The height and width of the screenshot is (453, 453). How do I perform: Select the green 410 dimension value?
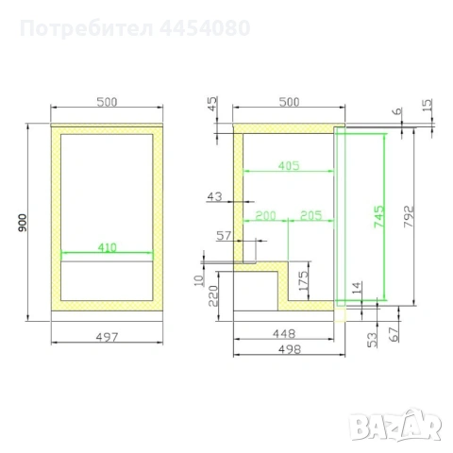tap(107, 247)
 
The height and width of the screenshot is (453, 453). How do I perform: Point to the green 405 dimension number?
tap(289, 166)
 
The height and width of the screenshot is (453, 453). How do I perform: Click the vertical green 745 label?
tap(377, 220)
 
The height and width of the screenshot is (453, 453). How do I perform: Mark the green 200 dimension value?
tap(266, 216)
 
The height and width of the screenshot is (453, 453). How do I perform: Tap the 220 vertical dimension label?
tap(214, 294)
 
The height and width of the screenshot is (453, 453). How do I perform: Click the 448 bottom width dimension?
tap(282, 332)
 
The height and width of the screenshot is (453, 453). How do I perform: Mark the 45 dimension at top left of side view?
tap(213, 104)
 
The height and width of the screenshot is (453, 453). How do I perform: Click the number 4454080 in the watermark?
tap(201, 27)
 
